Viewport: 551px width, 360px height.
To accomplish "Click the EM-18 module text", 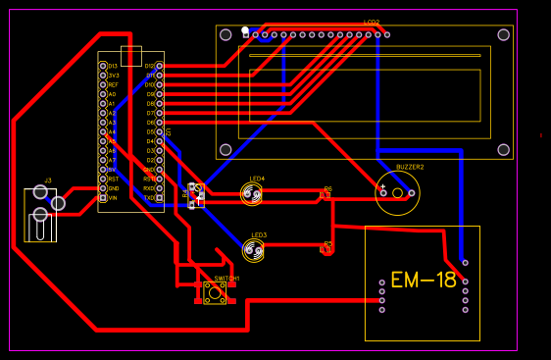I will click(423, 281).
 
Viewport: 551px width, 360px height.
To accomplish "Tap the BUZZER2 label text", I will click(410, 167).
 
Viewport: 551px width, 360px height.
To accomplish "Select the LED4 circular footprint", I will click(253, 194).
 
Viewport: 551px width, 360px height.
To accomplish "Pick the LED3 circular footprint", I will click(254, 251).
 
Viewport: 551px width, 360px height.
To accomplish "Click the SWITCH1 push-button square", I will click(215, 292).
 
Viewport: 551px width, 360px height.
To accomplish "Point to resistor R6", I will click(326, 194).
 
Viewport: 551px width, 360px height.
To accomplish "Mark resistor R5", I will click(326, 250).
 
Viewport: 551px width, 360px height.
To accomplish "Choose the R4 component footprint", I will click(196, 195).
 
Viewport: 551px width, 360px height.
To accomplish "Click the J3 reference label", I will click(47, 180).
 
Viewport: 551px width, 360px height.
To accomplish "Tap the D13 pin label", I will click(113, 66).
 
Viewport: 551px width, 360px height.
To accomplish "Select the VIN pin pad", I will click(102, 197).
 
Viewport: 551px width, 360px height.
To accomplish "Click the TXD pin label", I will click(149, 197).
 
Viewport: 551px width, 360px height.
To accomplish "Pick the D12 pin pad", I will click(160, 66).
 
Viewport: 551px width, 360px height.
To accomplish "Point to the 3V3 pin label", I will click(113, 76).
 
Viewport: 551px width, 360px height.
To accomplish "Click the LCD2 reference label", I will click(371, 22).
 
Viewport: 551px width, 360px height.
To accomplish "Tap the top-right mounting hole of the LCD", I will click(503, 34).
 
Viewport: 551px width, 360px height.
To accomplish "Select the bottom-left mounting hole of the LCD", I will click(225, 150).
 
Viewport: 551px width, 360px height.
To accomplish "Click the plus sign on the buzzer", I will click(383, 187).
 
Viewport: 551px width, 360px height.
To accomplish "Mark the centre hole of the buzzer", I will click(398, 193).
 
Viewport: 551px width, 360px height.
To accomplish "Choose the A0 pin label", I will click(112, 94).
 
